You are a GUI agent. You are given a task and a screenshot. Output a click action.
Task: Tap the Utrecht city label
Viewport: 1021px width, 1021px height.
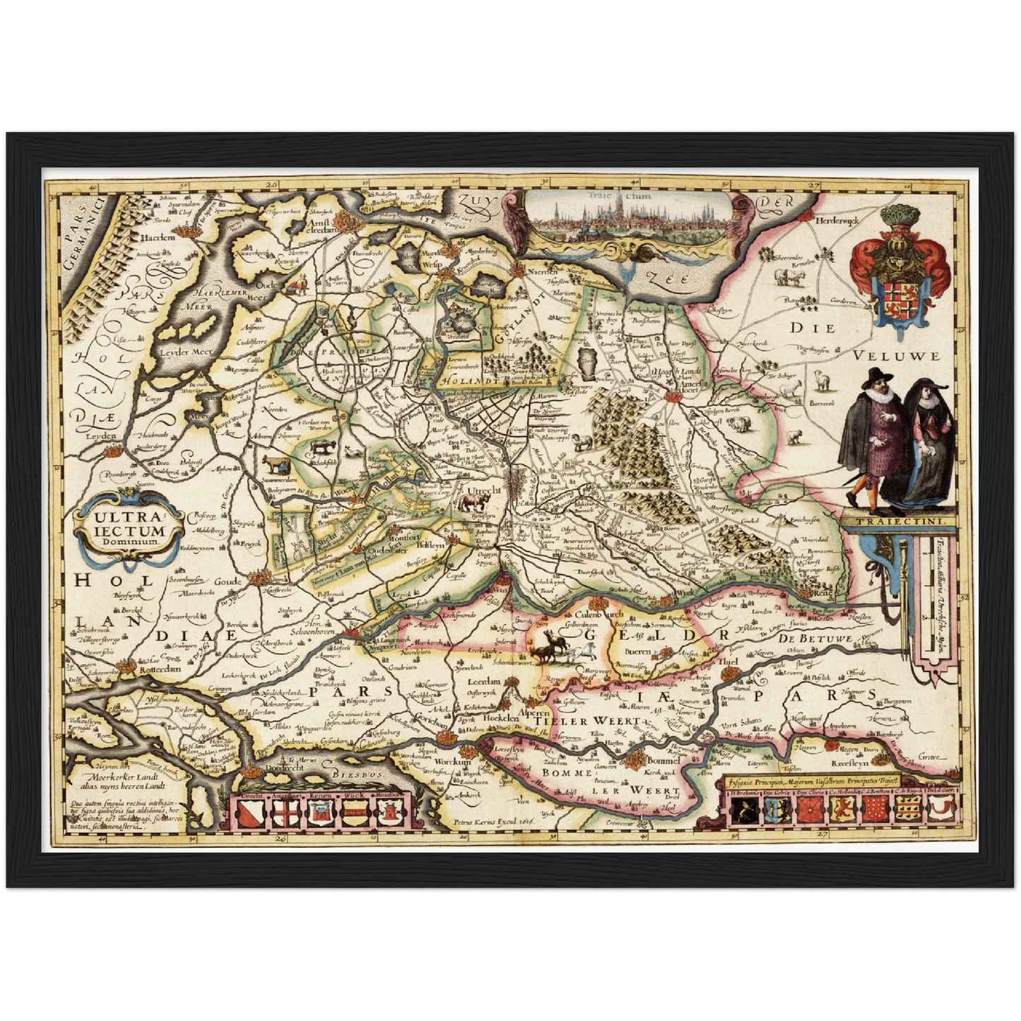(x=484, y=490)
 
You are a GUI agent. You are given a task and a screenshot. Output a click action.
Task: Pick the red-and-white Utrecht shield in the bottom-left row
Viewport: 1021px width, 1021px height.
(x=252, y=813)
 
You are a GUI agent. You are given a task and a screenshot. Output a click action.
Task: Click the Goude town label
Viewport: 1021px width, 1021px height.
(x=228, y=582)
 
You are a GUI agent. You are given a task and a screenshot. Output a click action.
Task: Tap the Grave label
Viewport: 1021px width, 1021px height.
(x=929, y=757)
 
